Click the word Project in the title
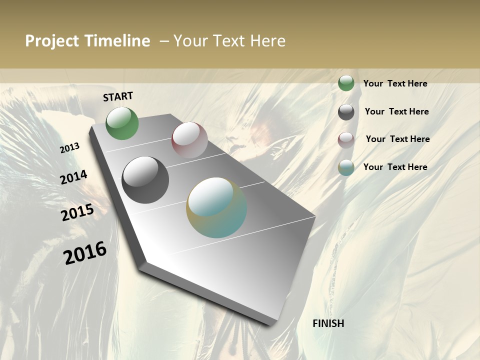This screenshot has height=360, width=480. pos(51,41)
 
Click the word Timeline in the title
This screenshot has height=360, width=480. pos(117,41)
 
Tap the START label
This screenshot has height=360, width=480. pos(118,96)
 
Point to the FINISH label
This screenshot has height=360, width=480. pos(328,323)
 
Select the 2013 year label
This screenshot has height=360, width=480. pos(70,147)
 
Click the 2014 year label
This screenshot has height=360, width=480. pos(73,177)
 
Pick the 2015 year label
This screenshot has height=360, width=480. pos(77,212)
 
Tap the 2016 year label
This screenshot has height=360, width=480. pos(85,252)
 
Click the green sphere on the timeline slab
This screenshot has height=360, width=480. pos(122,123)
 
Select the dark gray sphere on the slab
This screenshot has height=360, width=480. pos(145,180)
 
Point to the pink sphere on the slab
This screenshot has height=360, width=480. pos(189,139)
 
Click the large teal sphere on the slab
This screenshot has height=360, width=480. pos(216,207)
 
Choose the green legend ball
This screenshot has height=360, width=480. pos(346,83)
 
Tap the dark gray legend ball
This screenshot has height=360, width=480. pos(346,111)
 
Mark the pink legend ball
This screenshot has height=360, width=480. pos(346,139)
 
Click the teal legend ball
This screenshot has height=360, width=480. pos(346,167)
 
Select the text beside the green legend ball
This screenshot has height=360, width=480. pos(395,84)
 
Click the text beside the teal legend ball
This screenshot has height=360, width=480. pos(395,167)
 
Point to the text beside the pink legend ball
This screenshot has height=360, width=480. pos(397,139)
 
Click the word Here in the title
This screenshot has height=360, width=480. pos(267,41)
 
